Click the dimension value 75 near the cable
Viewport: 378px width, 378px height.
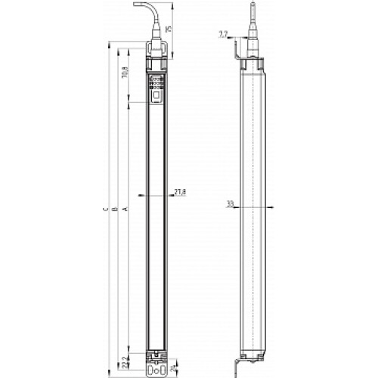(x=169, y=29)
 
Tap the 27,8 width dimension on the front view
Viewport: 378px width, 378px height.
(x=180, y=193)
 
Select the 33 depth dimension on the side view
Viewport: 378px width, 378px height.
(x=228, y=204)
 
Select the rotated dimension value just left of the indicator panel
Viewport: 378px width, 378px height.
(x=124, y=73)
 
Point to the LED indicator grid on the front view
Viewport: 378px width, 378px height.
(x=156, y=82)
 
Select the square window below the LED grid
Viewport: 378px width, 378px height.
(x=156, y=96)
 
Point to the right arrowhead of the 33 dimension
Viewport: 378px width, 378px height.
(x=266, y=205)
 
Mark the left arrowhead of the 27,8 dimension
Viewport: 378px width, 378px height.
(x=143, y=194)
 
